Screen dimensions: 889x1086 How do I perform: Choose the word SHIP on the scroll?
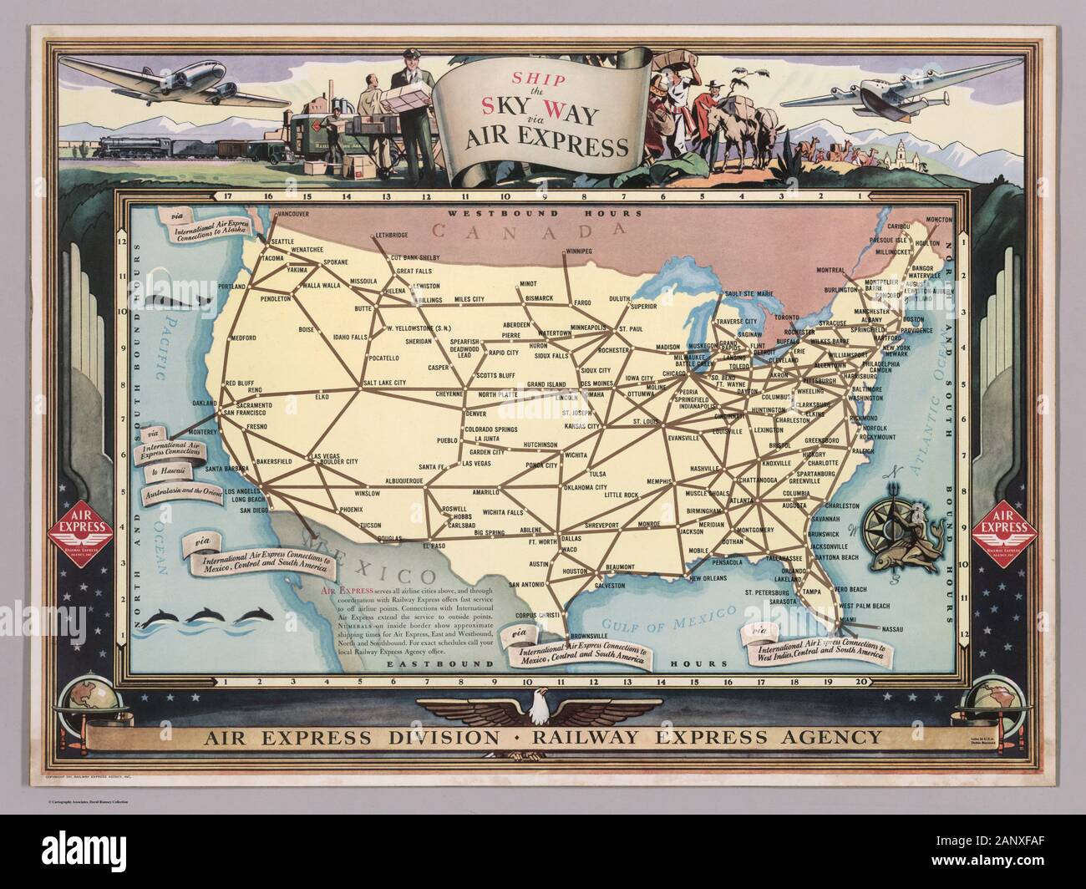[543, 81]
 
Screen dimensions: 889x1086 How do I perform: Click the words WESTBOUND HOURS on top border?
[543, 213]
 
